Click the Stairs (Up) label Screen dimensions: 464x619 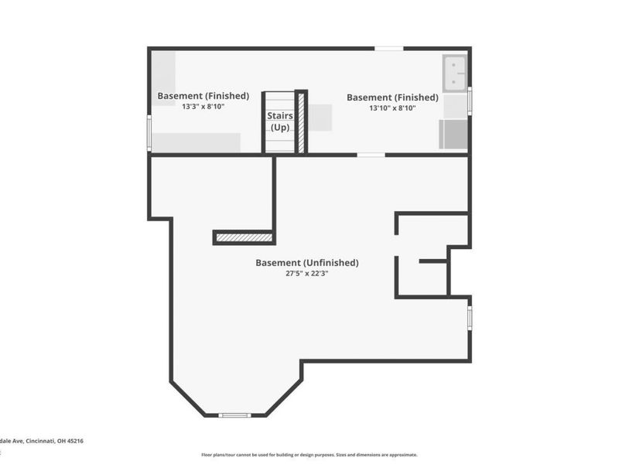279,121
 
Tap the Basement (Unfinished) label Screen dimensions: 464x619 307,263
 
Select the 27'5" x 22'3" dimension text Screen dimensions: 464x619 307,273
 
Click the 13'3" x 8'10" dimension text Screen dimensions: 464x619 203,107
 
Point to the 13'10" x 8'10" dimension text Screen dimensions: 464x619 392,108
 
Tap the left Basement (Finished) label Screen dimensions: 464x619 203,96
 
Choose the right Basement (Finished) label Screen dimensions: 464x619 392,97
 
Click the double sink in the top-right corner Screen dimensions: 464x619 454,73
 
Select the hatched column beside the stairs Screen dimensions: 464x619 301,122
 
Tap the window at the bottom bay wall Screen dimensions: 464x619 234,415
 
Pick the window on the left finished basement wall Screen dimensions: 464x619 149,131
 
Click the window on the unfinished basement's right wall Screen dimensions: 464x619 469,318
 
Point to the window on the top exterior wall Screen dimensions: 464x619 388,49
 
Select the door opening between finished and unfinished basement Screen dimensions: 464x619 371,155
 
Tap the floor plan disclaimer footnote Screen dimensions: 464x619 309,455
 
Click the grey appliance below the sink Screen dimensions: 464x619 454,135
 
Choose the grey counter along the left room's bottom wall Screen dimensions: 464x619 196,142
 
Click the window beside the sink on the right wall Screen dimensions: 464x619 469,101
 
